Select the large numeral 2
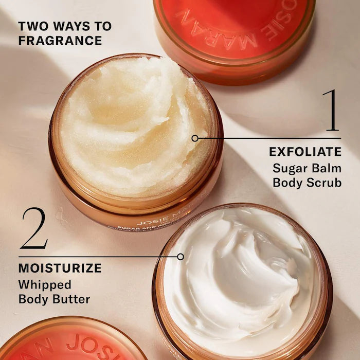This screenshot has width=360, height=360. pos(34,228)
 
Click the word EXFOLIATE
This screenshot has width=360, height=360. pos(305,152)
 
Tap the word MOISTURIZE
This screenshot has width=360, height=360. pos(60,268)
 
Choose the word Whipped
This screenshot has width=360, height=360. pos(45,284)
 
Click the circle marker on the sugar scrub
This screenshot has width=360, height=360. pos(194,138)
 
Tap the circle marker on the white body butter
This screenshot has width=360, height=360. pos(180,256)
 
